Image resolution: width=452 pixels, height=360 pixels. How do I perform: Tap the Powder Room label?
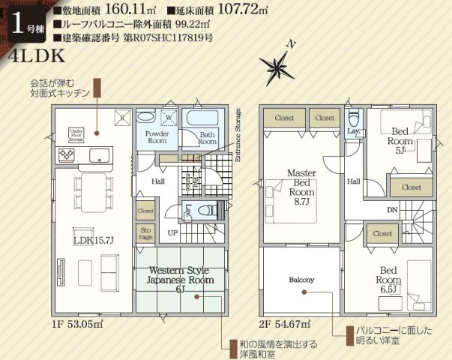157,136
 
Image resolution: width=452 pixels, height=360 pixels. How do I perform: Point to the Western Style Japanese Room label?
180,279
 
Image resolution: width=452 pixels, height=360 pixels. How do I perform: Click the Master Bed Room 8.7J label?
302,187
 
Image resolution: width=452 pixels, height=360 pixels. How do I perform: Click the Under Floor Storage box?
75,134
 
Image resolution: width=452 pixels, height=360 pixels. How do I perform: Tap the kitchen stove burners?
65,155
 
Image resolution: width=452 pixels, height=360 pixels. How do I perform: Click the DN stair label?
391,209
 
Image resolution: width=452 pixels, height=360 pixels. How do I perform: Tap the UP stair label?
172,232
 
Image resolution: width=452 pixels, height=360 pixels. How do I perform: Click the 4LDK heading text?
37,57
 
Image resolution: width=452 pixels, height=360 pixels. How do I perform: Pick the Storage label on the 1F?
145,233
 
